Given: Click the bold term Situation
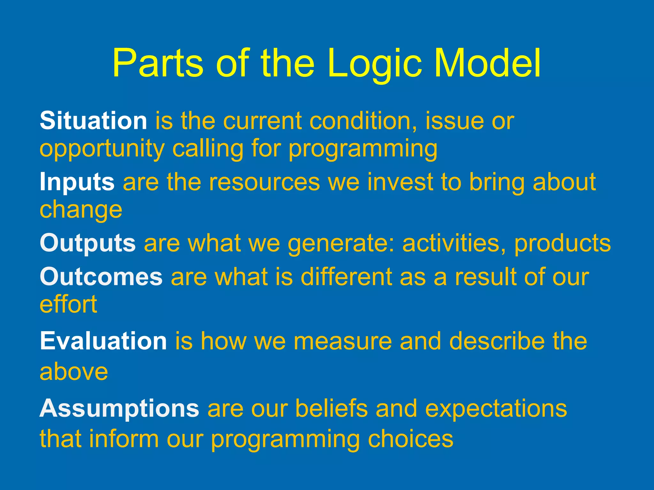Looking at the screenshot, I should [x=93, y=121].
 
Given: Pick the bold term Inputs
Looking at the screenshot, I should [x=77, y=182].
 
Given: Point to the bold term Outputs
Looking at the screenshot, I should [x=88, y=243].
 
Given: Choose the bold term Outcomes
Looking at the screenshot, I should [x=101, y=277].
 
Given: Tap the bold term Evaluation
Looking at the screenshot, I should [x=103, y=341].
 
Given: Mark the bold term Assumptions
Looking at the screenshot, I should [x=119, y=408].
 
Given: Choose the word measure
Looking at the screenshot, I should [x=342, y=341].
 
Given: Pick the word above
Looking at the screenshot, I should [x=74, y=372].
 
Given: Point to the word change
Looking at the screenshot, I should [x=81, y=211].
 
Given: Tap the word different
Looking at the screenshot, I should [x=346, y=277].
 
